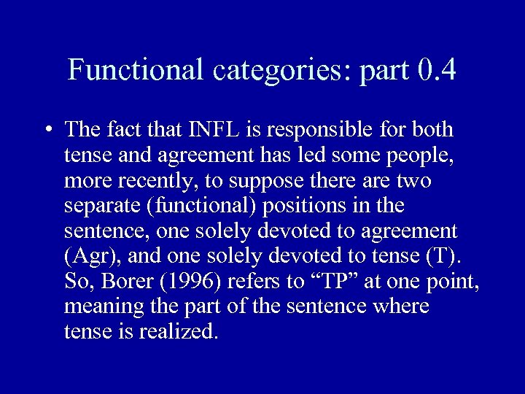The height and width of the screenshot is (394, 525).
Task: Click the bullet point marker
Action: pyautogui.click(x=47, y=131)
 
